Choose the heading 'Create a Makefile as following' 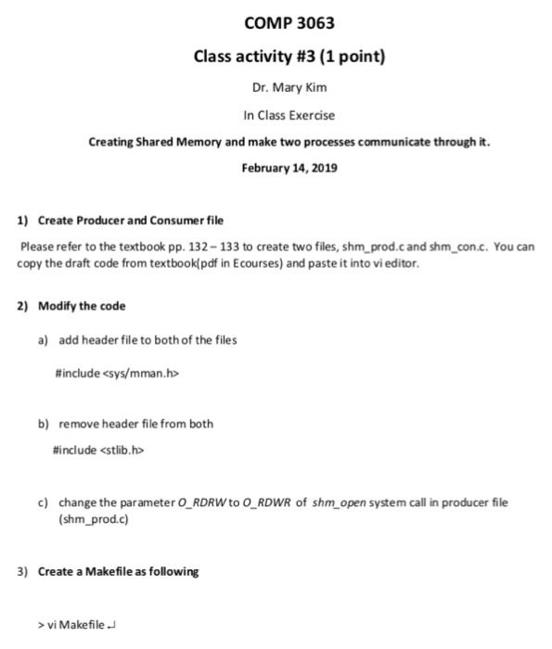118,571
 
